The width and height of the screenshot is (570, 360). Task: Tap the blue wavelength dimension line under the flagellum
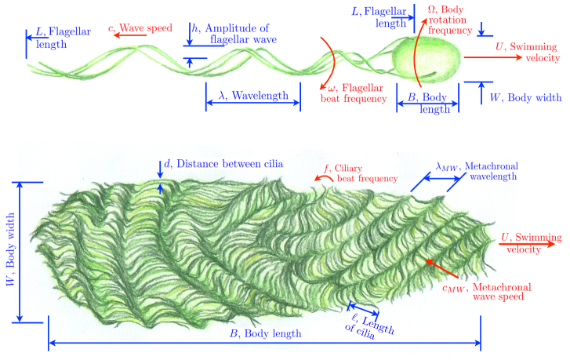click(x=252, y=108)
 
